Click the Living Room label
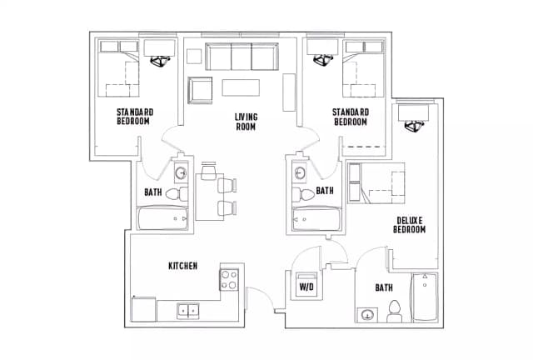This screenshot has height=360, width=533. point(247,122)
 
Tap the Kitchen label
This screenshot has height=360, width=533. point(183,266)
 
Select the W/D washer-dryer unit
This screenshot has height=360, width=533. point(306,284)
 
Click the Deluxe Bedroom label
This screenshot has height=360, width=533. point(409,225)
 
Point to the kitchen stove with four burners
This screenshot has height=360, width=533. point(229,280)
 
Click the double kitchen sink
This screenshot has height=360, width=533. point(188,311)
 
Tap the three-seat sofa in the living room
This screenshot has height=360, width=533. point(242,57)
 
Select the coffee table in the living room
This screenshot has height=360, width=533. point(241,87)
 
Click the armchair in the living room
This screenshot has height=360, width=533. point(200,90)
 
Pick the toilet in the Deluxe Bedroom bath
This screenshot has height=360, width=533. point(394,312)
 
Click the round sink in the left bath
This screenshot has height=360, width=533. point(182,173)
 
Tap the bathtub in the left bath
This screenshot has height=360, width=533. point(162,218)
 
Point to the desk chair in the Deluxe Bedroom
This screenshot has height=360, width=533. point(415,127)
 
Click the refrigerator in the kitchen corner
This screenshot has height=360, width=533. point(143,309)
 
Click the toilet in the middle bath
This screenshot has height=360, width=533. point(303,195)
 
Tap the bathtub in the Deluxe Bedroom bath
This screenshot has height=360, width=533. point(424,297)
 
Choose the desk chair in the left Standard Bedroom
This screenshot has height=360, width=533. point(160,61)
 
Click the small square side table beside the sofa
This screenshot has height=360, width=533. point(194,56)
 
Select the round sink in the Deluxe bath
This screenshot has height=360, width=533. point(367,315)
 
